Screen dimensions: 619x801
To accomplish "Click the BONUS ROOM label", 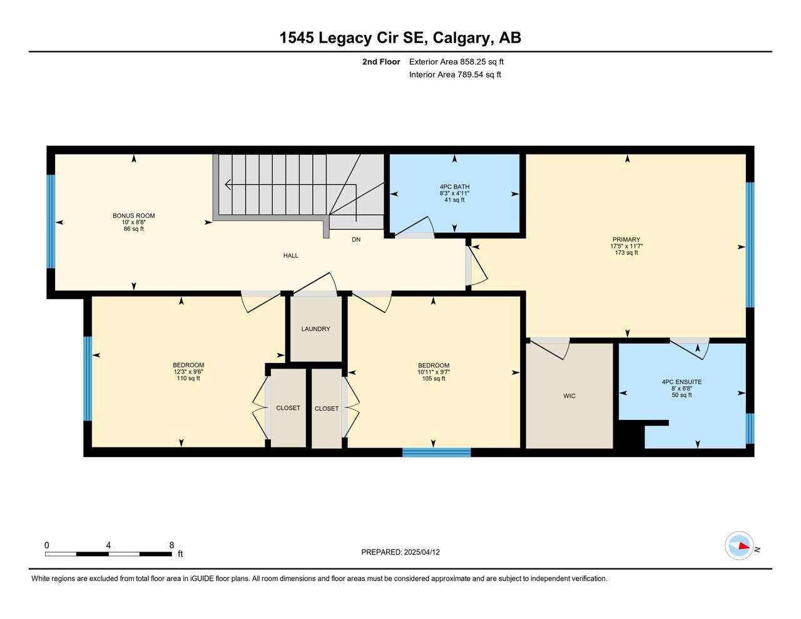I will tap(133, 216).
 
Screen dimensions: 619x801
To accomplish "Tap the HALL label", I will tap(290, 255).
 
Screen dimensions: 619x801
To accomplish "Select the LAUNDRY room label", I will tap(315, 329).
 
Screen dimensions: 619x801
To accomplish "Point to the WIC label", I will tap(569, 396).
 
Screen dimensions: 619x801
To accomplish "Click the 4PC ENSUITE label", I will tap(681, 382).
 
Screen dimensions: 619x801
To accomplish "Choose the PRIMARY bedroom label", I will tap(626, 240).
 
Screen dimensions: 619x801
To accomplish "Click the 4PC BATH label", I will tap(454, 187).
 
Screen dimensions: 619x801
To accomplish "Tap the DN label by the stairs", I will tap(356, 239).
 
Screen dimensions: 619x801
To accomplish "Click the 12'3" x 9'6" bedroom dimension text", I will tap(188, 372).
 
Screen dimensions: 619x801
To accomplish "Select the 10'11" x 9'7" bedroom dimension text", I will tap(434, 372).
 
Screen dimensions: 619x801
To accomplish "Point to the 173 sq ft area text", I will tap(626, 253).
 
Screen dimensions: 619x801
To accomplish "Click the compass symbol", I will tap(739, 546).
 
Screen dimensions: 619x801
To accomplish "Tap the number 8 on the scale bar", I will tap(171, 545).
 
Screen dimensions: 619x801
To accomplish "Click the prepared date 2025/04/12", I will tap(422, 552).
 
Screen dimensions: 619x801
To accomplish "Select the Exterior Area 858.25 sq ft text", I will tap(456, 62).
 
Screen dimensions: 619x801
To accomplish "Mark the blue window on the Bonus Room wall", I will tap(51, 222).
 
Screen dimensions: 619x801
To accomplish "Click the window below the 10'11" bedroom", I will tap(436, 453).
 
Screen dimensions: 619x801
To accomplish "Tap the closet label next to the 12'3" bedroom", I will tap(288, 408).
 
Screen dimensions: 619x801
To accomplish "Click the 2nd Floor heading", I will tap(380, 62).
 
